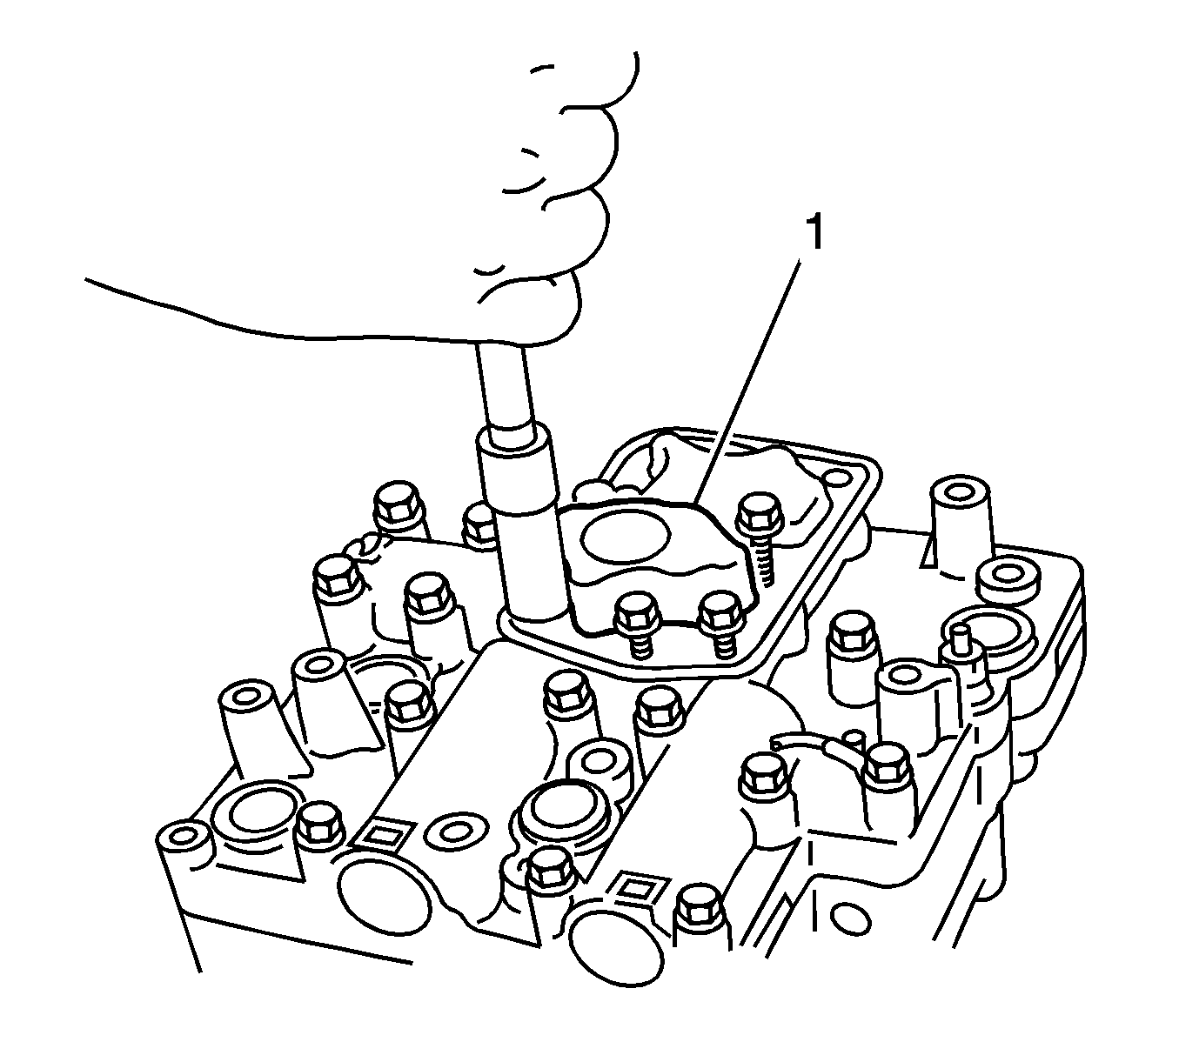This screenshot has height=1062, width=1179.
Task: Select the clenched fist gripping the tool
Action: pos(546,200)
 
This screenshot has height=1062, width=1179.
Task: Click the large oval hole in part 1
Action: pos(626,537)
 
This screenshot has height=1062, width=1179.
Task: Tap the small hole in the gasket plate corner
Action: pos(834,478)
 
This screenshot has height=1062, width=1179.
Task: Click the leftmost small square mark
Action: pos(381,836)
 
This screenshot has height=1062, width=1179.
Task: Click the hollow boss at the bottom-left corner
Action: pos(182,835)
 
